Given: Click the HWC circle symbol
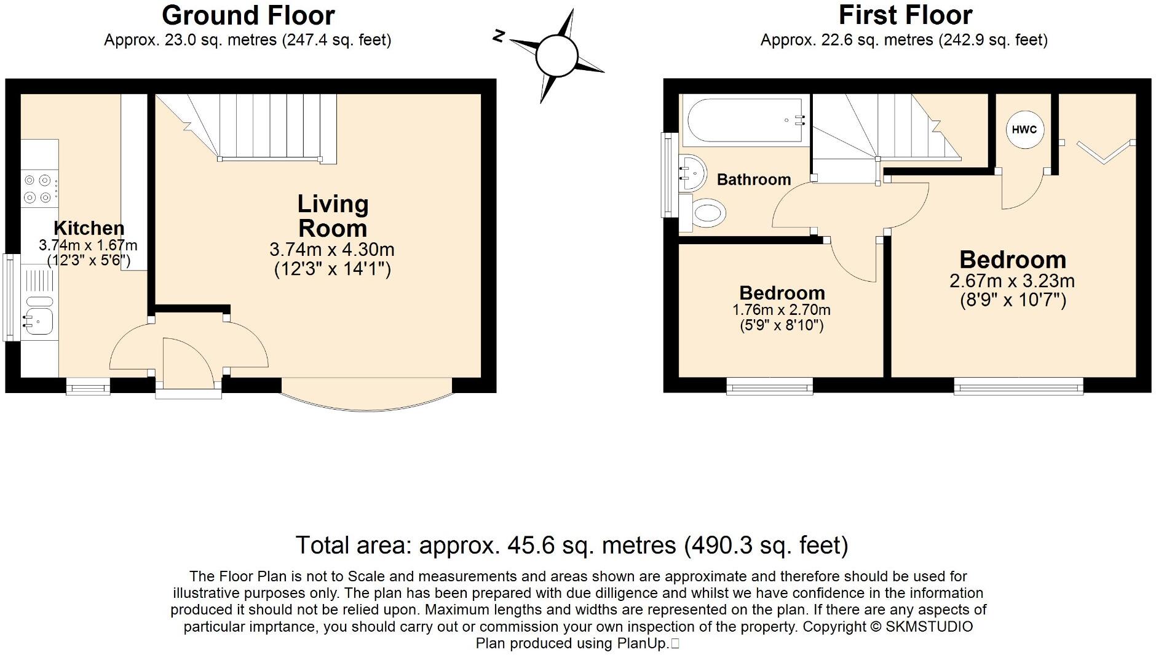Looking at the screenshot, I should [1024, 129].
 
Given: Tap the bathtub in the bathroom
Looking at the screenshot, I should [745, 121].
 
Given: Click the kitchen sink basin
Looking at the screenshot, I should [38, 320].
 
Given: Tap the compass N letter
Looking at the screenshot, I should [499, 37].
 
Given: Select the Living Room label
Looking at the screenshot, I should [333, 216].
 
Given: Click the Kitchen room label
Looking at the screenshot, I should [89, 228].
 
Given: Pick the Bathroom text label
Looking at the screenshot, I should [754, 180].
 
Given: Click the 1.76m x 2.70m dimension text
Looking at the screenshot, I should [782, 310].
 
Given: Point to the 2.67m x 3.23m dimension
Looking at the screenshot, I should [1012, 281].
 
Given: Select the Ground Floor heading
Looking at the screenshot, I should [248, 15].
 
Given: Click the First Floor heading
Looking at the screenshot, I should [905, 15].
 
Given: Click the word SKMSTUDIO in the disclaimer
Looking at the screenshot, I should [929, 627].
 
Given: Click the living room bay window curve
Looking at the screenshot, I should [368, 406].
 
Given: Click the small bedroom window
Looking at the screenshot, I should [769, 386].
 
